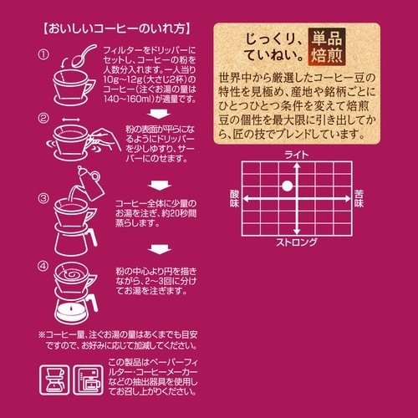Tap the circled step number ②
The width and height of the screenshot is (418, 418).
(43, 121)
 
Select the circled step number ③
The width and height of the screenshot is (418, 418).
(43, 199)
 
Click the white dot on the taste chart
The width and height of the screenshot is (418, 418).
(286, 185)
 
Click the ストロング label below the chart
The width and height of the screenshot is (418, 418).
(297, 242)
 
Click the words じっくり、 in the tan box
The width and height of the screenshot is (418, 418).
(270, 41)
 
